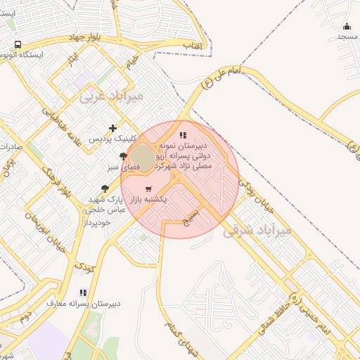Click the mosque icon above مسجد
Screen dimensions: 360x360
click(347, 26)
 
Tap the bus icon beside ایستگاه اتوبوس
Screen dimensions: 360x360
click(18, 44)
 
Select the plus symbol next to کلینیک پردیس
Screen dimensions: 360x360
click(113, 128)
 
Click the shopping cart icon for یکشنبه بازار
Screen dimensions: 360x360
click(148, 189)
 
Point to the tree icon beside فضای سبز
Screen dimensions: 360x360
click(124, 156)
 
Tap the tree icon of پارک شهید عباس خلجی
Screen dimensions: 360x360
click(105, 188)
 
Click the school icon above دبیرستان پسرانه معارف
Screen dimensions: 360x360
click(83, 292)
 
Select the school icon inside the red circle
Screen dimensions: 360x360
click(183, 135)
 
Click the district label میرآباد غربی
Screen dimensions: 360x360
click(112, 95)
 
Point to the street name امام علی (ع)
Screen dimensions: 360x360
click(220, 77)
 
